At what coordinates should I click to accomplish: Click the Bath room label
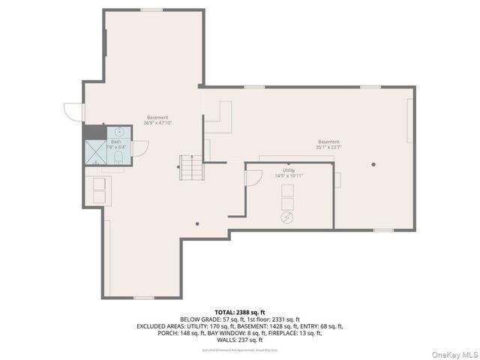pyautogui.click(x=115, y=142)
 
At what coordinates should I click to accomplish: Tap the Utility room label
pyautogui.click(x=289, y=170)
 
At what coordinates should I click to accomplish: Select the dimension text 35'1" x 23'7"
pyautogui.click(x=328, y=148)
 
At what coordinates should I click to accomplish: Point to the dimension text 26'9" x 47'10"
pyautogui.click(x=157, y=123)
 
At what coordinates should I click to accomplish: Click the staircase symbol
pyautogui.click(x=190, y=167)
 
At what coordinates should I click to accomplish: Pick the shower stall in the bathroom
pyautogui.click(x=95, y=151)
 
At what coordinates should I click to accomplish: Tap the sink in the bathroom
pyautogui.click(x=118, y=132)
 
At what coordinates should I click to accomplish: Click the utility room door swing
pyautogui.click(x=253, y=178)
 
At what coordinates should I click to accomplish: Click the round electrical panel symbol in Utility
pyautogui.click(x=286, y=217)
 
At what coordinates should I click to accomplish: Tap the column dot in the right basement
pyautogui.click(x=373, y=164)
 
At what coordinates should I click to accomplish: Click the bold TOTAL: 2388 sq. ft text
pyautogui.click(x=239, y=311)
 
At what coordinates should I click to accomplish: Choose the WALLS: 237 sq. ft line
pyautogui.click(x=239, y=340)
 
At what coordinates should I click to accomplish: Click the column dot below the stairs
pyautogui.click(x=197, y=223)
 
